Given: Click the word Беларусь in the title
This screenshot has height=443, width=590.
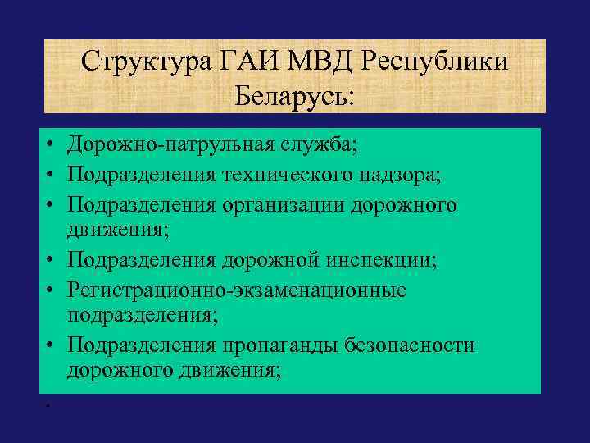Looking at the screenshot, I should (x=295, y=96).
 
